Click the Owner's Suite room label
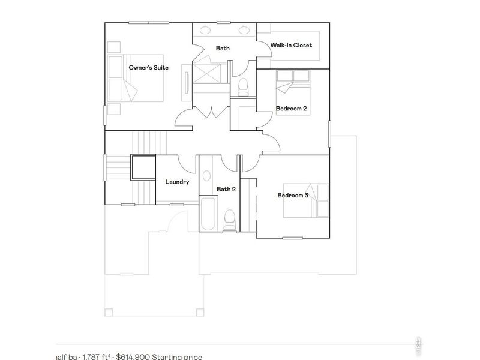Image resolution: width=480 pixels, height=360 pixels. (148, 68)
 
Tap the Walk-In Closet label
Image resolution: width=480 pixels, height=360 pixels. (291, 45)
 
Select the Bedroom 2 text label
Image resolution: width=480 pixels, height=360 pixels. (291, 109)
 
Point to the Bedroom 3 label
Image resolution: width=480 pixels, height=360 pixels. (292, 195)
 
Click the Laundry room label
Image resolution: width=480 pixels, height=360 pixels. (177, 182)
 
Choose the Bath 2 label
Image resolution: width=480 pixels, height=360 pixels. (226, 189)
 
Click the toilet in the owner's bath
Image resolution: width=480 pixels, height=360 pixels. (243, 88)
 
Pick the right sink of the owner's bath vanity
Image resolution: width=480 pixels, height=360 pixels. (245, 30)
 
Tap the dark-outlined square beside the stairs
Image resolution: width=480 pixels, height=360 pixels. (143, 167)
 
